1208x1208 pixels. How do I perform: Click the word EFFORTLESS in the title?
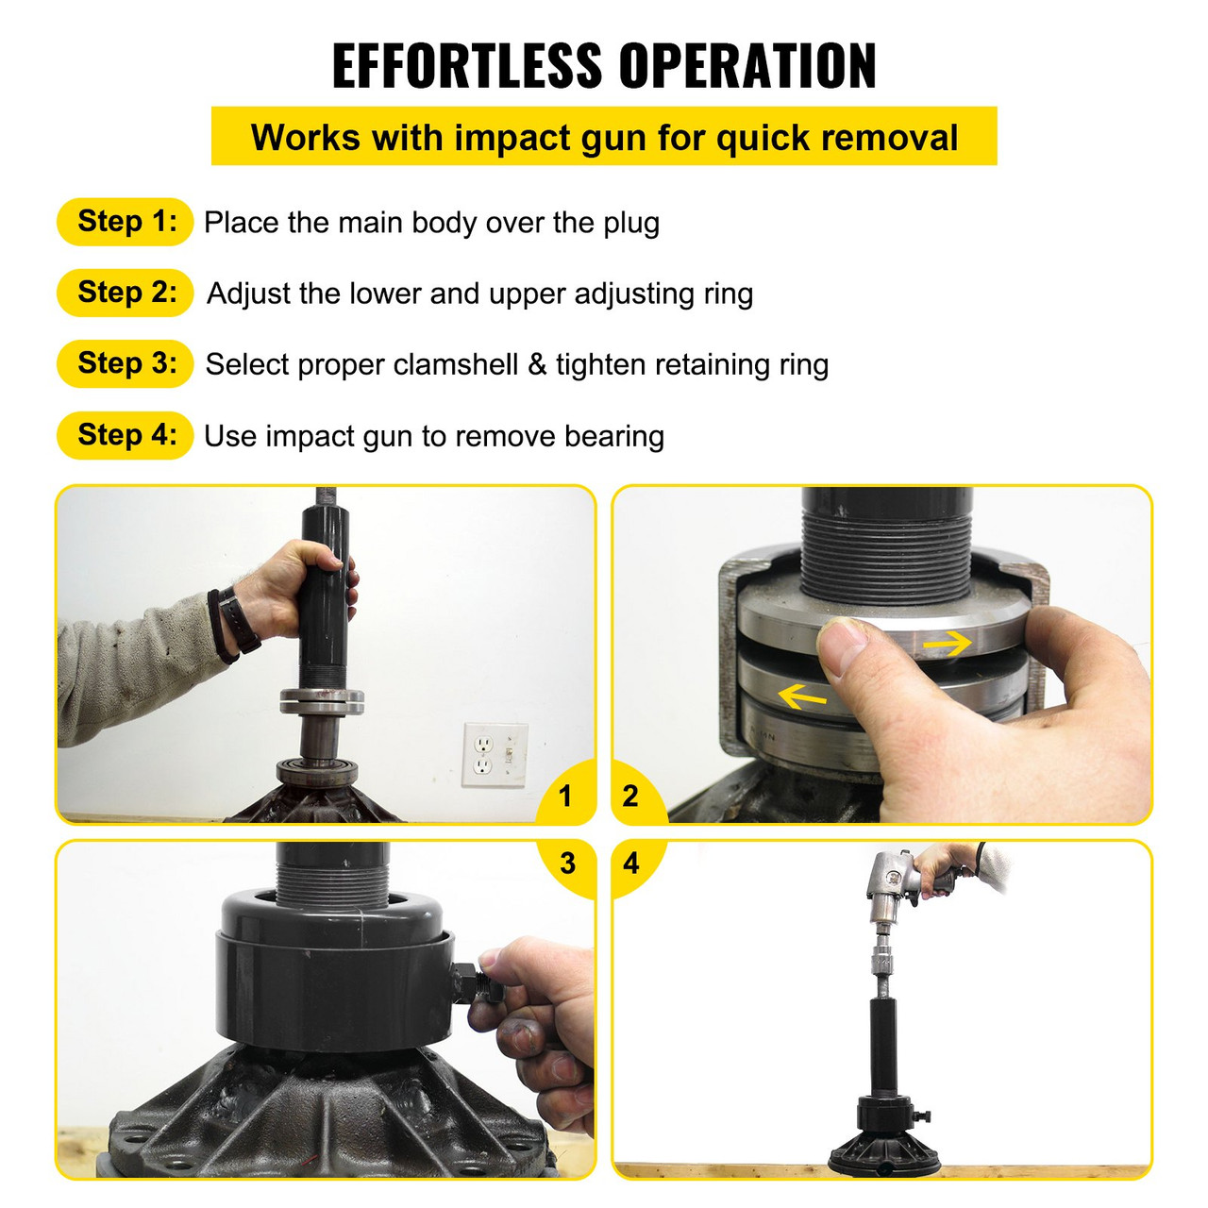[x=466, y=66]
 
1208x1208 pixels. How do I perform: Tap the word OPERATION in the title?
[x=747, y=66]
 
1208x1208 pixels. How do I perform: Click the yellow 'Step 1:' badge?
[x=126, y=222]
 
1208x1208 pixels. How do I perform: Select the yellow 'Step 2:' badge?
[x=126, y=293]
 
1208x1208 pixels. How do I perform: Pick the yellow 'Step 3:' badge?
[x=126, y=363]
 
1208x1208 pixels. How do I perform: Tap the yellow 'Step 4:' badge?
[x=126, y=435]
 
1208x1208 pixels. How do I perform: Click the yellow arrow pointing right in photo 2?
[x=947, y=644]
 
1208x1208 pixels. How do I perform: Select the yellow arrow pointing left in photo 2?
[x=801, y=697]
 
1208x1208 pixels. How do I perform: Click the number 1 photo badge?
[x=565, y=797]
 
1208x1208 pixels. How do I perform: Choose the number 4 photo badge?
[x=631, y=863]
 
